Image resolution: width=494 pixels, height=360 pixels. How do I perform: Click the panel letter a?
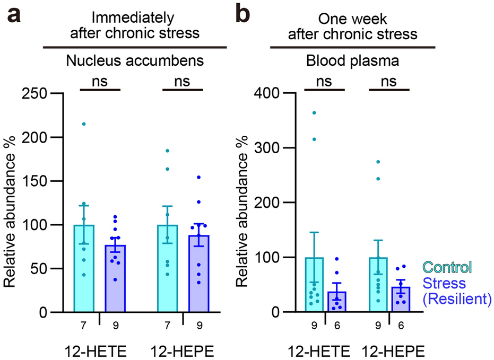pyautogui.click(x=14, y=17)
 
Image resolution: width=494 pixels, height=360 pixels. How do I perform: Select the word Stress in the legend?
pyautogui.click(x=448, y=283)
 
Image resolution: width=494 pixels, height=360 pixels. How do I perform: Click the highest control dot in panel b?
pyautogui.click(x=314, y=113)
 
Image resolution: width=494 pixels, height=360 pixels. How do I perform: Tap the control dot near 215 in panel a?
pyautogui.click(x=83, y=124)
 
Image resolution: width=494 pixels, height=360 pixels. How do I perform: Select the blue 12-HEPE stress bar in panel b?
pyautogui.click(x=401, y=300)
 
